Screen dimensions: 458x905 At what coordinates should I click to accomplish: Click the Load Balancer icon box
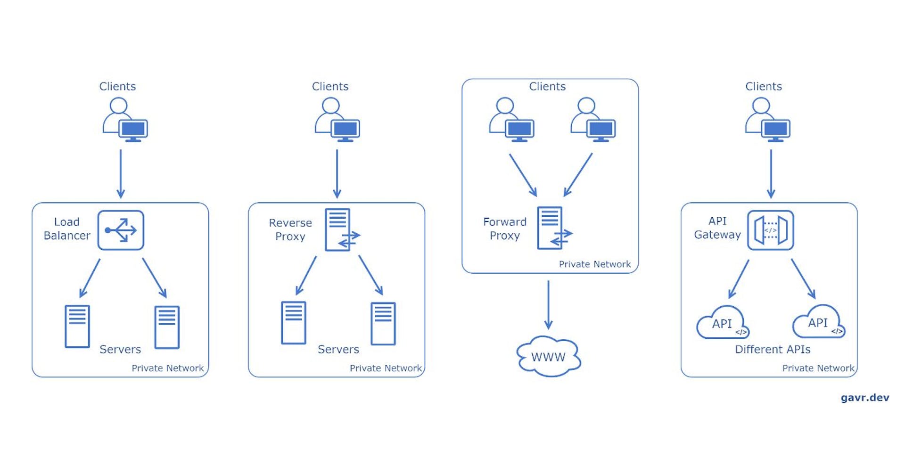(x=121, y=230)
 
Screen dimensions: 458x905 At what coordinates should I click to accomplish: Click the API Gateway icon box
(x=770, y=230)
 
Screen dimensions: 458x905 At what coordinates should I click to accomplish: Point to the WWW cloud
(x=548, y=357)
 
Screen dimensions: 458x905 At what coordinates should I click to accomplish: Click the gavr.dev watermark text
(x=864, y=397)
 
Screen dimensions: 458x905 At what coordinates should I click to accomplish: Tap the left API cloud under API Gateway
(x=722, y=323)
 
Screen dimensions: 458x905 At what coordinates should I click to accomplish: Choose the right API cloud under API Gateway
(x=818, y=322)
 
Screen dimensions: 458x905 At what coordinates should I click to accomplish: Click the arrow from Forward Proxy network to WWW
(x=548, y=304)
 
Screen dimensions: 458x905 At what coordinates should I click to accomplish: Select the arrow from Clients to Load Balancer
(x=121, y=173)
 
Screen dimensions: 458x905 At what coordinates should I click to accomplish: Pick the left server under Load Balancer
(x=77, y=327)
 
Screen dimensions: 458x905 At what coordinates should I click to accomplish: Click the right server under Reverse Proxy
(x=383, y=324)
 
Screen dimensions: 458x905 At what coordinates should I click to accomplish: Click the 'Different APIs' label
(x=773, y=349)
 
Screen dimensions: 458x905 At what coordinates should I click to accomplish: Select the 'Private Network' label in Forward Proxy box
(x=594, y=264)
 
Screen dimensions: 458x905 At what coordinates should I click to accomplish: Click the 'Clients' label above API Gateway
(x=763, y=86)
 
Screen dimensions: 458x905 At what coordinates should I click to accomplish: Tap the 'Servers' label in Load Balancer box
(x=120, y=349)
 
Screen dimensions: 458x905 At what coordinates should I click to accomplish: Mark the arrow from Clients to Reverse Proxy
(x=337, y=173)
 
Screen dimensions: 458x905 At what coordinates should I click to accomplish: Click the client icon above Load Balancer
(x=125, y=120)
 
